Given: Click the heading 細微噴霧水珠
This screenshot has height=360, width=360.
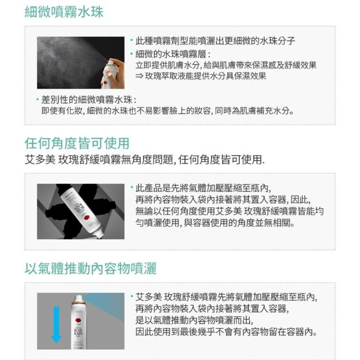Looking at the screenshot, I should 64,11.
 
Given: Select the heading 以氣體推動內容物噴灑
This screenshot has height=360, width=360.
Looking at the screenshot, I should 90,268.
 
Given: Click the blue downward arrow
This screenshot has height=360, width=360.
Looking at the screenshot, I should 56,325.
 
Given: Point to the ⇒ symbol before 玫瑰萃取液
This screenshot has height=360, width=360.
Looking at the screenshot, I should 140,76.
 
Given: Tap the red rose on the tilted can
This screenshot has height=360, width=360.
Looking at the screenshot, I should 86,217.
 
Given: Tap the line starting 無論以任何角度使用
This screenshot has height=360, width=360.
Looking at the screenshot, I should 229,212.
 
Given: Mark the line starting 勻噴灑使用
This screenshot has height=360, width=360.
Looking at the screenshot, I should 215,223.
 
